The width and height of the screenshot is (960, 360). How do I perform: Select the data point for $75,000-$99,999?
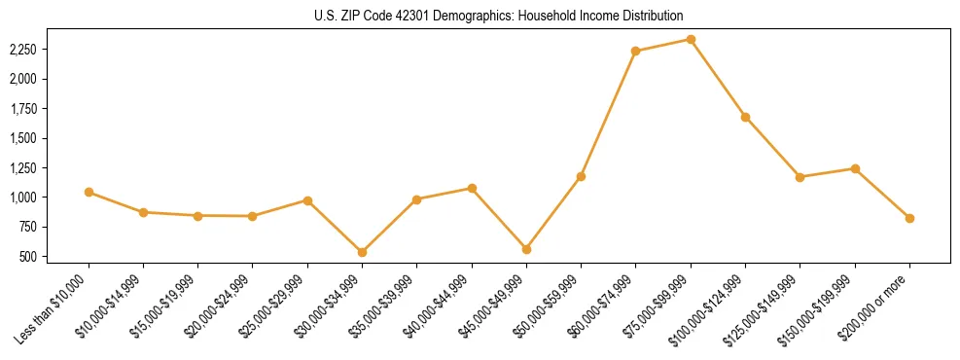click(x=691, y=39)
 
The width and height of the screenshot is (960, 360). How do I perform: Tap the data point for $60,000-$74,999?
click(x=635, y=51)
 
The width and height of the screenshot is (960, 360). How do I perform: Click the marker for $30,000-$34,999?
click(x=362, y=252)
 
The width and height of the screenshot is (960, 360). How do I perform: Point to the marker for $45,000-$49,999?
click(x=526, y=249)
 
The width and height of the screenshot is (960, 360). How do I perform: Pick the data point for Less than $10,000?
click(x=89, y=192)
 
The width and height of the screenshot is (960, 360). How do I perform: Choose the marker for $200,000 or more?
click(x=909, y=218)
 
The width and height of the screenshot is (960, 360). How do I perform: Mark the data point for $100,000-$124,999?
click(x=745, y=117)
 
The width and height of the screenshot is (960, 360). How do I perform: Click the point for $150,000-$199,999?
click(x=855, y=168)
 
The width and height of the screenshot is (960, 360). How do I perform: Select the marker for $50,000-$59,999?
click(x=581, y=176)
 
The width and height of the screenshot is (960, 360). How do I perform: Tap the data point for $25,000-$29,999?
click(x=307, y=200)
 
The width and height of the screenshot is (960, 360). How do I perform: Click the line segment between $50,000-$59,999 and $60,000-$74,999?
click(x=608, y=114)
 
